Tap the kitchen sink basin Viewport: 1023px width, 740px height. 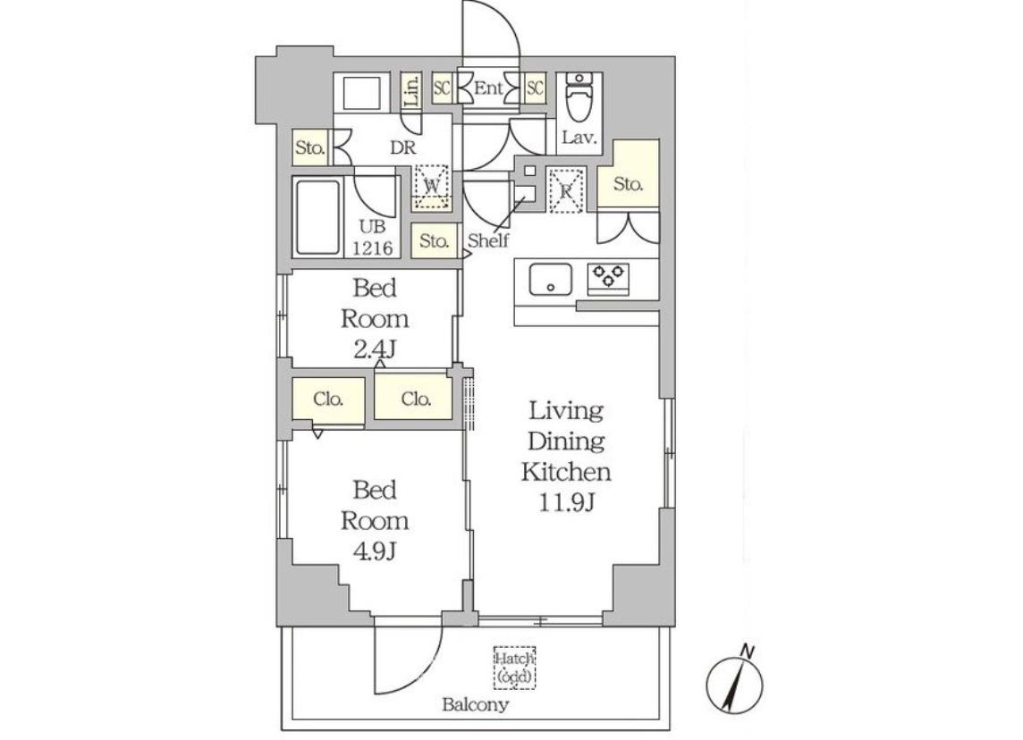pos(551,280)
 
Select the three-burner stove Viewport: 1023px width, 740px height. pos(608,279)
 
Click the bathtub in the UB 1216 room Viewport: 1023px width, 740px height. pos(317,218)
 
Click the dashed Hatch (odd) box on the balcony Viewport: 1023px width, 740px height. pos(515,668)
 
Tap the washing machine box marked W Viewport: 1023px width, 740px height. pos(431,187)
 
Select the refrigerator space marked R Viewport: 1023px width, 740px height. pos(566,191)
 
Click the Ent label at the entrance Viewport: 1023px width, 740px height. pos(488,88)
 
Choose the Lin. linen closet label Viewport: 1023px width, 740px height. pos(410,91)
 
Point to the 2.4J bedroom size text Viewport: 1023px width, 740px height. pos(375,350)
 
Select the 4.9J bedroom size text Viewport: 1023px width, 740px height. pos(375,551)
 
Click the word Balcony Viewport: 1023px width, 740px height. pos(475,704)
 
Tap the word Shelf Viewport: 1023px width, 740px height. pos(488,240)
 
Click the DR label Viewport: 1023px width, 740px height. pos(403,147)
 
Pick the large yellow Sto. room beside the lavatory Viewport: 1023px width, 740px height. pos(629,174)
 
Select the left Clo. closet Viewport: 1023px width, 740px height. pos(328,399)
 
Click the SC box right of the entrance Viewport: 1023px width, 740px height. pos(535,88)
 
